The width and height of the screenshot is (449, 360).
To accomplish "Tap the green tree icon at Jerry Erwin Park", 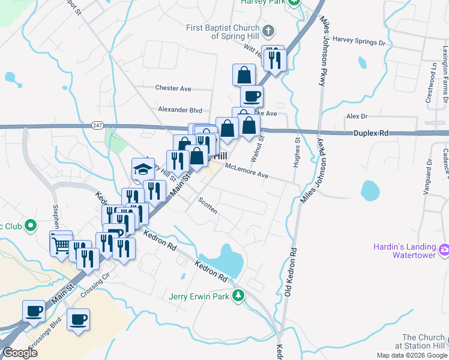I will (239, 295).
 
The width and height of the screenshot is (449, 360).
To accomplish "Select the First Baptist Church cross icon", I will (268, 30).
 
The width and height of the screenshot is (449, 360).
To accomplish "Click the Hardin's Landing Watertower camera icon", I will (444, 249).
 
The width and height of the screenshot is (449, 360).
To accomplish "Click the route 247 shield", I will (97, 125).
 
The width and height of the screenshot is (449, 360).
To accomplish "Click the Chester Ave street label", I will (173, 88).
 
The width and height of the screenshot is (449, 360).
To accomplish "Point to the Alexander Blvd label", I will (180, 110).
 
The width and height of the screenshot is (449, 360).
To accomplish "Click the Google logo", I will (20, 353).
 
